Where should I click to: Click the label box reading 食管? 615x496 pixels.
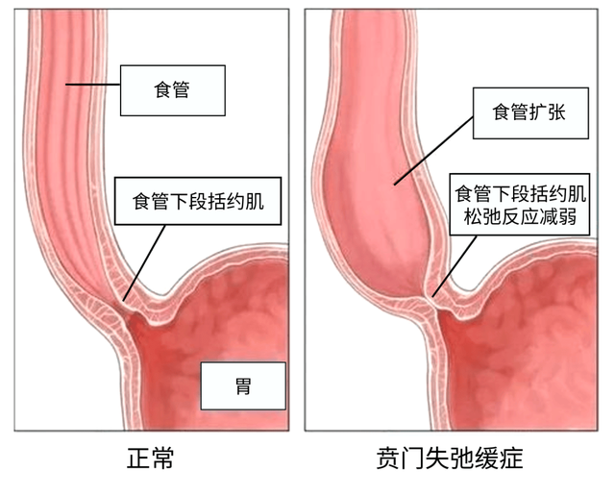pyautogui.click(x=173, y=90)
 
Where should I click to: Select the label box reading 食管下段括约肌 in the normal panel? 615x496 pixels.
pyautogui.click(x=198, y=201)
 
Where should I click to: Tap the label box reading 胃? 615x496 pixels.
pyautogui.click(x=243, y=385)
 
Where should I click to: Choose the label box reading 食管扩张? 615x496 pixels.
pyautogui.click(x=530, y=113)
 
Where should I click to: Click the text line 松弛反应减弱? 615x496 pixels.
pyautogui.click(x=520, y=216)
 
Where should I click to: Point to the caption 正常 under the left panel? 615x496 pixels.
pyautogui.click(x=150, y=458)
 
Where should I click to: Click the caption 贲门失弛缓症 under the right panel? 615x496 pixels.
pyautogui.click(x=450, y=458)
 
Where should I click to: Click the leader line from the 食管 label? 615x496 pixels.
pyautogui.click(x=93, y=85)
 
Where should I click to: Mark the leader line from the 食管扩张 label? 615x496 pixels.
pyautogui.click(x=433, y=150)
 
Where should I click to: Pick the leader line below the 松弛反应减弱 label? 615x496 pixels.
pyautogui.click(x=455, y=265)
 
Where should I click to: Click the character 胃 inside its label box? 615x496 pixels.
pyautogui.click(x=243, y=386)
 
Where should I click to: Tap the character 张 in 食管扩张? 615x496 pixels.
pyautogui.click(x=556, y=112)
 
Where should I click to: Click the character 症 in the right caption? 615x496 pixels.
pyautogui.click(x=511, y=458)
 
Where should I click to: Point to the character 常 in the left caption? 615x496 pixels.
pyautogui.click(x=162, y=458)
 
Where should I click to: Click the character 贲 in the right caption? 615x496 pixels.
pyautogui.click(x=388, y=458)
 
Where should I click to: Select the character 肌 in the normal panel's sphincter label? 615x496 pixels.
pyautogui.click(x=254, y=201)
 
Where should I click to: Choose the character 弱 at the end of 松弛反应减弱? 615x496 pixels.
pyautogui.click(x=568, y=216)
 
